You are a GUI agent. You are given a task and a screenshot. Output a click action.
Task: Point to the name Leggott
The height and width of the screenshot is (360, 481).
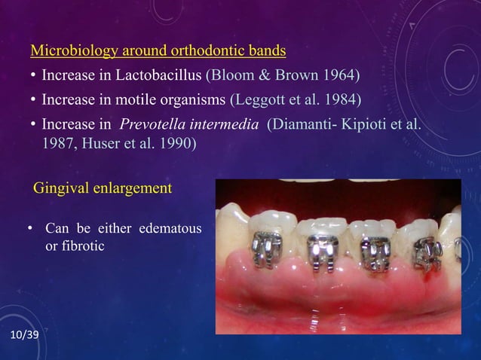(x=259, y=99)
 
